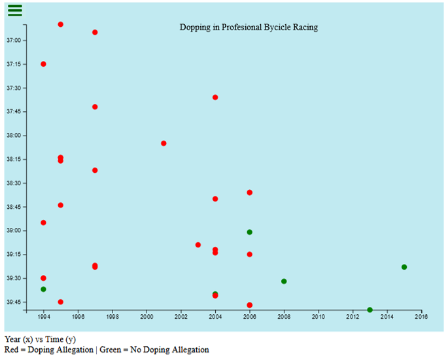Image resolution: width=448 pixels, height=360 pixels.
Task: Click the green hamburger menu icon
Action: click(x=15, y=10)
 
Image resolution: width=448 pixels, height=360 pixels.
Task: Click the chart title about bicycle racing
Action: click(x=249, y=27)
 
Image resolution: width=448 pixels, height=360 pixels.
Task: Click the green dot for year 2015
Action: click(x=404, y=267)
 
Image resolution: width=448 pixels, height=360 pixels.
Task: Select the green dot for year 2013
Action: click(x=370, y=310)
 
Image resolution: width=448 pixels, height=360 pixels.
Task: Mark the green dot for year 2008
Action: click(x=284, y=281)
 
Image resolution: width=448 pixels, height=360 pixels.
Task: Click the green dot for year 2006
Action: click(x=250, y=232)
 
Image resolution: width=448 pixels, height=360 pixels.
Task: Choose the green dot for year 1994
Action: click(x=44, y=289)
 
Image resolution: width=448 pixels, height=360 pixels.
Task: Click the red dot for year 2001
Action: click(x=164, y=143)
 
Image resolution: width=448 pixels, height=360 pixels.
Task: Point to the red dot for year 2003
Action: click(x=198, y=245)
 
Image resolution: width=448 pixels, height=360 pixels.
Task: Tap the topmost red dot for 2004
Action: click(x=215, y=98)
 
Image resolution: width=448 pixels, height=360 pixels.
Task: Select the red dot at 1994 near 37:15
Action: click(x=44, y=64)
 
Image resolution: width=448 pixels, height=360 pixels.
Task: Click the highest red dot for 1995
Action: click(x=61, y=25)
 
